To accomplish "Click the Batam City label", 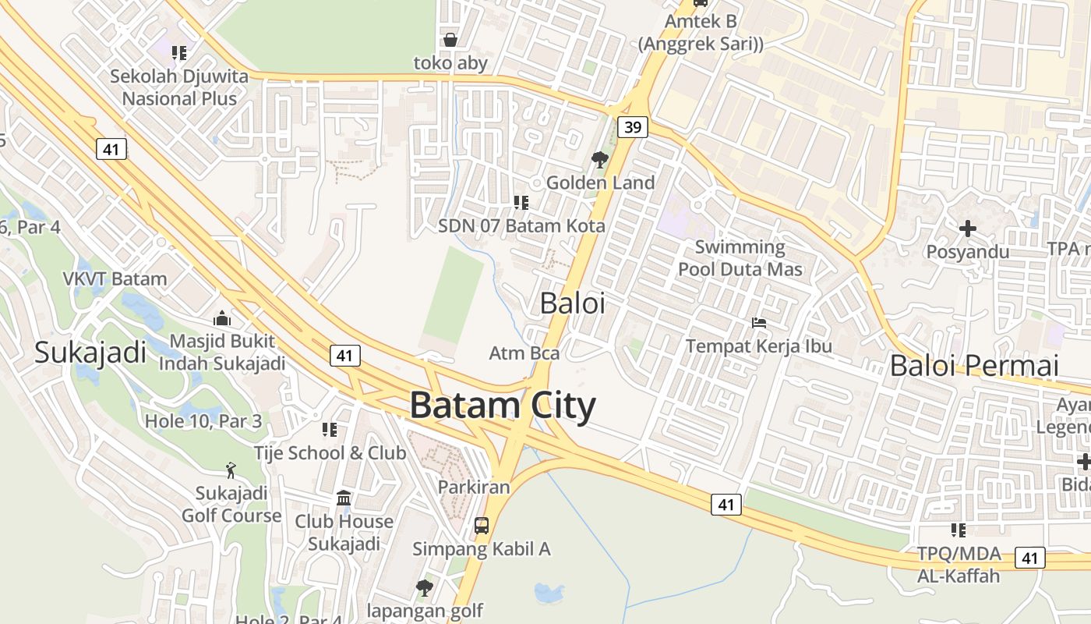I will click(x=503, y=406).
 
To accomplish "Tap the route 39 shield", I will click(x=633, y=127).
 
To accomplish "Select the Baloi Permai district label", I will click(x=974, y=365).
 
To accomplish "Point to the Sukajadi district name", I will click(x=90, y=353).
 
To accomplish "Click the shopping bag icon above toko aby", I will click(x=450, y=40).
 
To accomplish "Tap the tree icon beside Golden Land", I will click(x=599, y=161).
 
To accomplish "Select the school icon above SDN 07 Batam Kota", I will click(x=521, y=204).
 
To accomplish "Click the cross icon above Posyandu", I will click(x=968, y=229).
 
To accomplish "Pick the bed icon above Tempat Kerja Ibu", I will click(x=759, y=323).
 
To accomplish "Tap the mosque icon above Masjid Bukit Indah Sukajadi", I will click(x=222, y=318).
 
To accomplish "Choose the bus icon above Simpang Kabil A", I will click(x=482, y=526).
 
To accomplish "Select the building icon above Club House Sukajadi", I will click(x=344, y=498).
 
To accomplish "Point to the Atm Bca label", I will click(x=524, y=353).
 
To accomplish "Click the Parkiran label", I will click(x=474, y=487).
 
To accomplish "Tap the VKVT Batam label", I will click(x=115, y=279).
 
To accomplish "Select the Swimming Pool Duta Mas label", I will click(x=740, y=258).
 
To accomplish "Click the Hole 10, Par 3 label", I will click(x=203, y=422).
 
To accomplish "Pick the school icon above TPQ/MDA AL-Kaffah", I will click(x=959, y=530).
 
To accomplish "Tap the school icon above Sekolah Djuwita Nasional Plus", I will click(x=179, y=53).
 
